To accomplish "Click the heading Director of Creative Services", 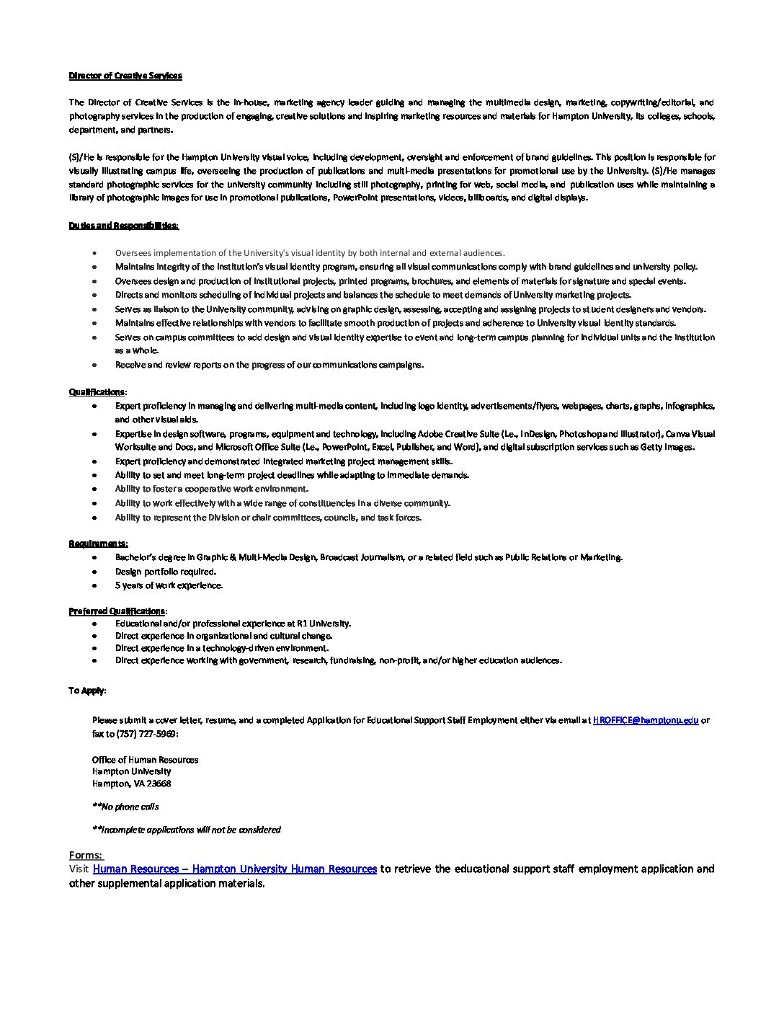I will (125, 76).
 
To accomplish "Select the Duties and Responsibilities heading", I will (123, 226).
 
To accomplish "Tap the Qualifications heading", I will (97, 392).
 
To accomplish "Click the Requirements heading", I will (98, 544).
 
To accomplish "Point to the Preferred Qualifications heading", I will (117, 611).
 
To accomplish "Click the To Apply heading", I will (86, 691).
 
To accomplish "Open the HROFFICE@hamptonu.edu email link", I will (645, 720).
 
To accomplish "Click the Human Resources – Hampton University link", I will (235, 869).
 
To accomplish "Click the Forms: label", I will (86, 856).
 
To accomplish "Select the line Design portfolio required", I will (165, 572).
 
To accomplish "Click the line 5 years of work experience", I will (169, 585).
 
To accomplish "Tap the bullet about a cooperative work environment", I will (211, 489).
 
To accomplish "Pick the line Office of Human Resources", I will (145, 760).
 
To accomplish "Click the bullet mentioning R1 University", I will (233, 624).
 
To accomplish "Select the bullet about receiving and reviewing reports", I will (269, 365).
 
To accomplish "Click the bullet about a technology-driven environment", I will (221, 648).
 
